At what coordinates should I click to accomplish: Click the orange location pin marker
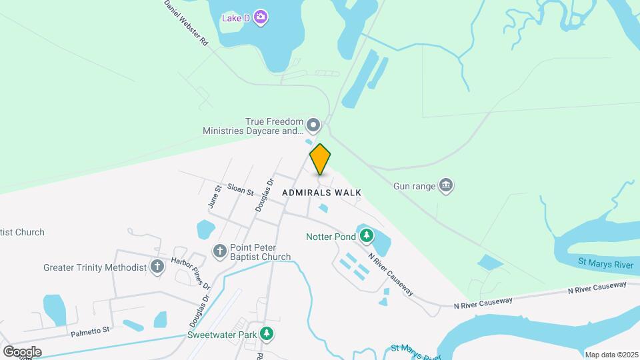coord(320,159)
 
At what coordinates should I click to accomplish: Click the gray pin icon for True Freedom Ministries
coord(313,125)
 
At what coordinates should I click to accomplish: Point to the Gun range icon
coord(446,185)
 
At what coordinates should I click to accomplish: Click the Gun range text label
coord(414,186)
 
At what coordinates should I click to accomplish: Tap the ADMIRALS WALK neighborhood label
coord(321,193)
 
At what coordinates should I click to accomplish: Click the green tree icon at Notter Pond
coord(366,235)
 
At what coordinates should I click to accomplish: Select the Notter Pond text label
coord(331,236)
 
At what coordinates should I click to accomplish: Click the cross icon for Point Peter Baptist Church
coord(220,251)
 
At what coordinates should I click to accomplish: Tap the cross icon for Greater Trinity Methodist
coord(157,267)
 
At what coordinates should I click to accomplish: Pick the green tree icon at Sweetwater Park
coord(267,333)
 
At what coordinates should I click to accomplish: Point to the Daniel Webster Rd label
coord(187,22)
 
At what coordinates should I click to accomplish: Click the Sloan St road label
coord(241,191)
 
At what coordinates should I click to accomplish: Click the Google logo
coord(22,351)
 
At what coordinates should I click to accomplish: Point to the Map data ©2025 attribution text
coord(611,355)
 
